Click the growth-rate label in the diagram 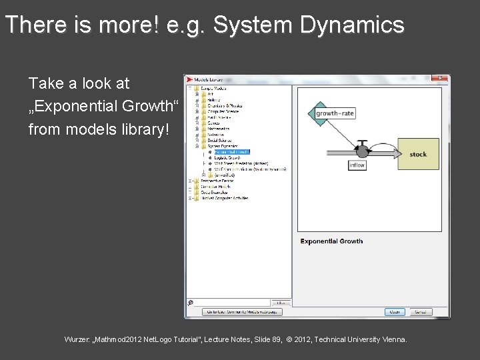coord(335,113)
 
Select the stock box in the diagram coord(418,154)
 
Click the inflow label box coord(357,165)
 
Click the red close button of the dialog coord(440,78)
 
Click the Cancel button coord(420,312)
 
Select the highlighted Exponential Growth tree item coord(231,152)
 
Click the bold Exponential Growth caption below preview coord(331,241)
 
